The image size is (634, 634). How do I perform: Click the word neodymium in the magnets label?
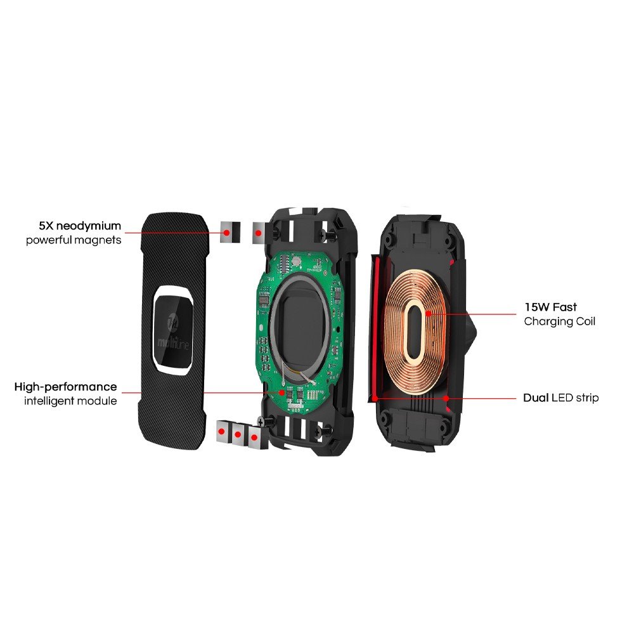(89, 226)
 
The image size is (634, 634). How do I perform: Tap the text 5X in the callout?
(46, 226)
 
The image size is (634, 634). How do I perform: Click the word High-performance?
(65, 387)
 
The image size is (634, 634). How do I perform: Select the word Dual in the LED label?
(536, 398)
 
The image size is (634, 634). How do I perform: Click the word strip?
(587, 398)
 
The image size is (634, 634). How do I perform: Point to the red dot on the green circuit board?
(282, 392)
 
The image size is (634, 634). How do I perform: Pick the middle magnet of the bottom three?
(238, 435)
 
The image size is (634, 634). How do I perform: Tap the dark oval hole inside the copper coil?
(415, 329)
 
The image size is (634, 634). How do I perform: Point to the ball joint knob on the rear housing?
(471, 332)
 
